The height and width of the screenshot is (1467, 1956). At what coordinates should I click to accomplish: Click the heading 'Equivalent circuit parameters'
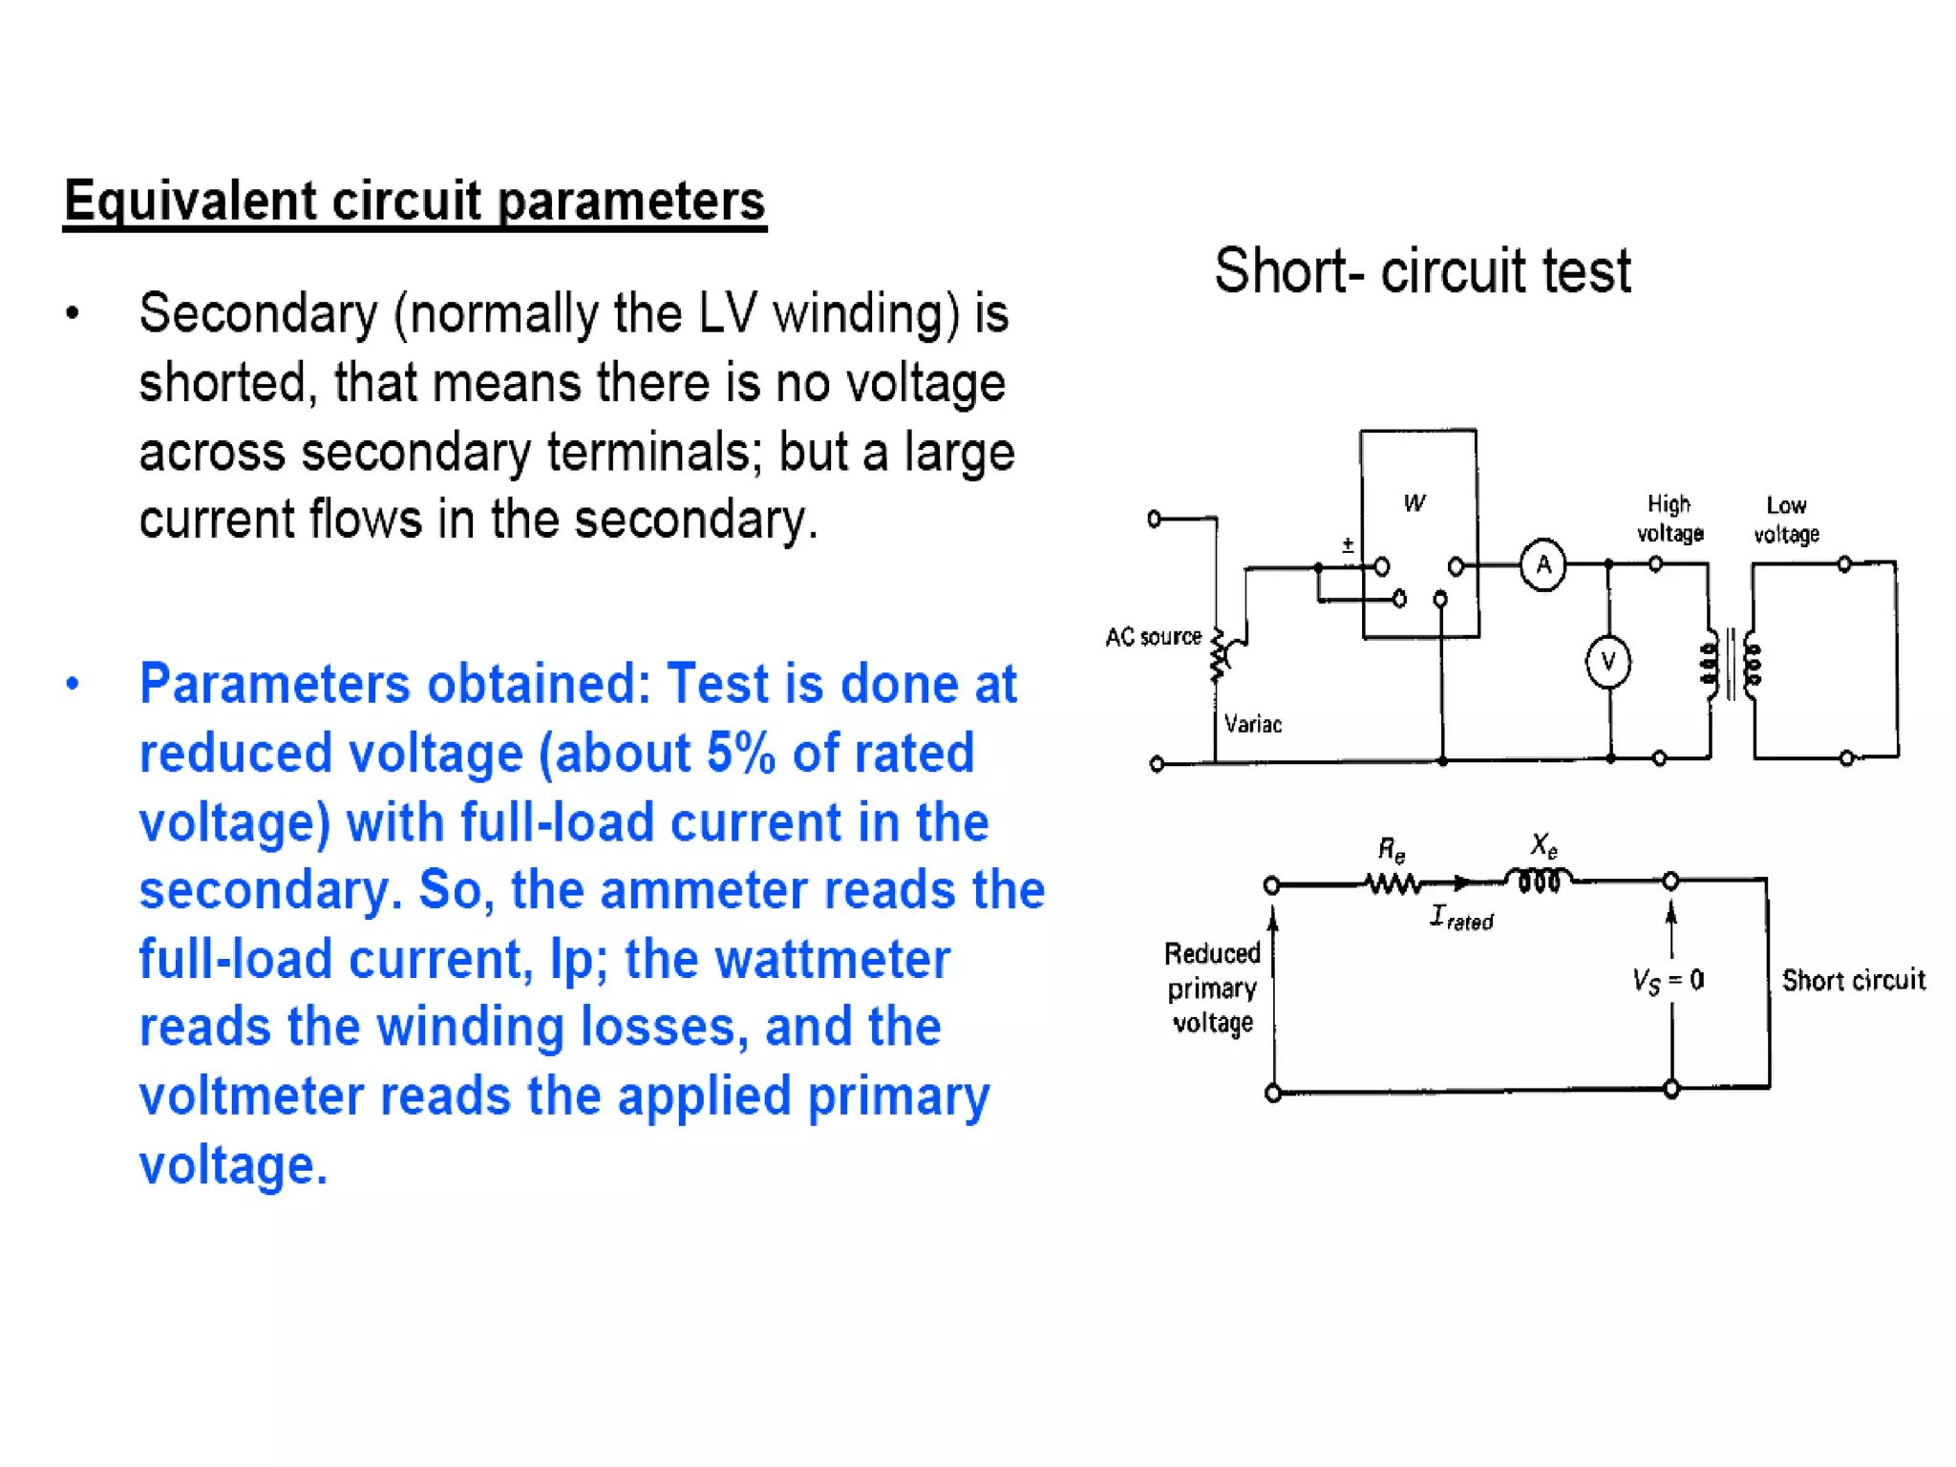(415, 201)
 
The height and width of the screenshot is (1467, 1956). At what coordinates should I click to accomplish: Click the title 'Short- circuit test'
(1422, 270)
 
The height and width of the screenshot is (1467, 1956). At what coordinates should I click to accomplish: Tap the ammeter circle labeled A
(1542, 565)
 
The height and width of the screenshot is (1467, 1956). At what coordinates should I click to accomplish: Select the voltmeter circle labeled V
(1608, 662)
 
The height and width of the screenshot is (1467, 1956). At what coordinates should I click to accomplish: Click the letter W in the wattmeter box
(1414, 503)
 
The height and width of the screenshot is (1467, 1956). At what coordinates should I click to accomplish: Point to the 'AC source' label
(1153, 637)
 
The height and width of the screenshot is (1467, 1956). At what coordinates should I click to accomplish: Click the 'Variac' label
(1253, 724)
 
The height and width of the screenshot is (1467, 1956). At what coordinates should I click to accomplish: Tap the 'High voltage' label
(1669, 519)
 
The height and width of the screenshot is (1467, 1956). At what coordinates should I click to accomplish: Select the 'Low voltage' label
(1786, 520)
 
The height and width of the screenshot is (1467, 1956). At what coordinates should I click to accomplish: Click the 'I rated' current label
(1461, 919)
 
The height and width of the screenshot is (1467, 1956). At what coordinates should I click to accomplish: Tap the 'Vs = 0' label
(1668, 981)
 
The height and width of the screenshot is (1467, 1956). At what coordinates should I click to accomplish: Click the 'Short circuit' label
(1853, 981)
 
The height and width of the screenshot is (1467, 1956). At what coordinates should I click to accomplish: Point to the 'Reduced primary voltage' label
(1212, 989)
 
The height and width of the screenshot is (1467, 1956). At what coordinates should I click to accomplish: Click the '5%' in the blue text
(741, 754)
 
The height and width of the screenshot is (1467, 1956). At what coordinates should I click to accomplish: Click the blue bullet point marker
(73, 684)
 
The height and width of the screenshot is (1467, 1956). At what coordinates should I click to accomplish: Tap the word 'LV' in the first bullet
(728, 313)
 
